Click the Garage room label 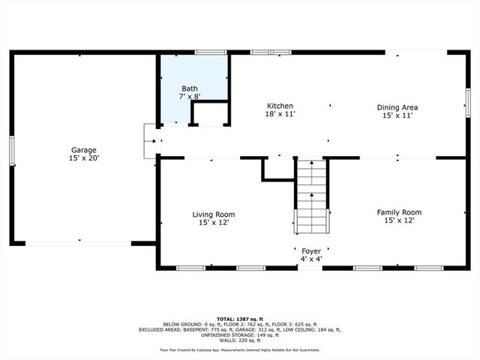tap(84, 150)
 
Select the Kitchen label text tap(280, 106)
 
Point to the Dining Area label tap(397, 107)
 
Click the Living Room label tap(214, 214)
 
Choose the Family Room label tap(398, 212)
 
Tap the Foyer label tap(311, 251)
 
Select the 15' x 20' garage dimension tap(84, 158)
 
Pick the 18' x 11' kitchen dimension tap(280, 115)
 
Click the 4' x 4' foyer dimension tap(311, 259)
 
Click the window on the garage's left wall tap(11, 148)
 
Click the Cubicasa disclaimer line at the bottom tap(239, 349)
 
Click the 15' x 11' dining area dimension tap(397, 115)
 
